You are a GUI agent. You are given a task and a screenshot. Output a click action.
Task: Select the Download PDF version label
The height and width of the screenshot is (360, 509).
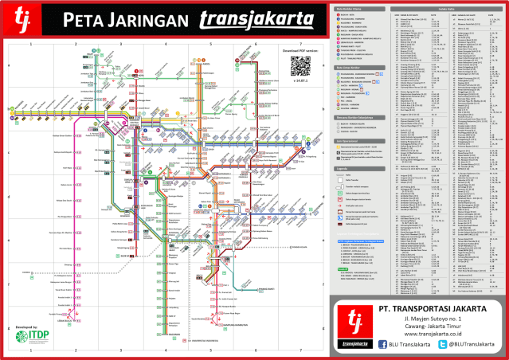tap(300, 50)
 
